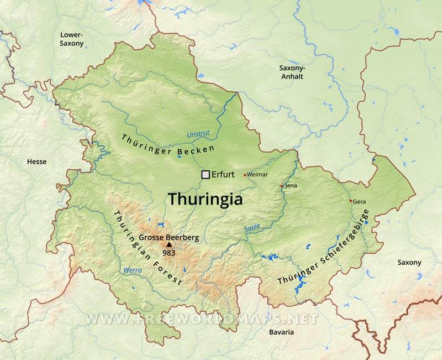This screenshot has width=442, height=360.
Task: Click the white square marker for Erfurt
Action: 206,175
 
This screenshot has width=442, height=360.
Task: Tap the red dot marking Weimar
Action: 245,175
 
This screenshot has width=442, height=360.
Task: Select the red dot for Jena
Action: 282,186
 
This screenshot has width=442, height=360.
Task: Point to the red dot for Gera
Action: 350,201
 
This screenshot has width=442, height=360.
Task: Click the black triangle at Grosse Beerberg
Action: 169,244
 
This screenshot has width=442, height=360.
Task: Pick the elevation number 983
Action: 169,253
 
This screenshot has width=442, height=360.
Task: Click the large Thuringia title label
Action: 206,199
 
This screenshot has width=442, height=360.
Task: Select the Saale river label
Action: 251,228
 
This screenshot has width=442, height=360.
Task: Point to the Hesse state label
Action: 37,162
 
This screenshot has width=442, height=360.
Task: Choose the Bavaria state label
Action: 281,332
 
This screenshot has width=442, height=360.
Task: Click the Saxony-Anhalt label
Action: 291,72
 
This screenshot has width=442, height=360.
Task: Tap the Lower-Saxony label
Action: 72,39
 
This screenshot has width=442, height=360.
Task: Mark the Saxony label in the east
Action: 409,263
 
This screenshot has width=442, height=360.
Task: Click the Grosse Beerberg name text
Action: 169,237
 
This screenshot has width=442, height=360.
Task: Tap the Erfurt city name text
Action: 224,175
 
